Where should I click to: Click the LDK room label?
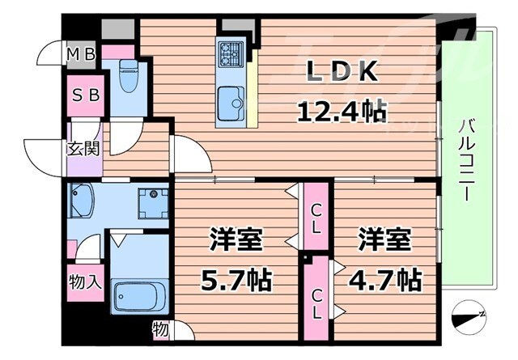342,74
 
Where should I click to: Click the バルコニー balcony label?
468,161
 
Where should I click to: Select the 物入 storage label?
84,282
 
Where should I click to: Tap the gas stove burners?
230,53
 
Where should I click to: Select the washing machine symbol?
151,203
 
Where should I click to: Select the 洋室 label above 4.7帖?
385,240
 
